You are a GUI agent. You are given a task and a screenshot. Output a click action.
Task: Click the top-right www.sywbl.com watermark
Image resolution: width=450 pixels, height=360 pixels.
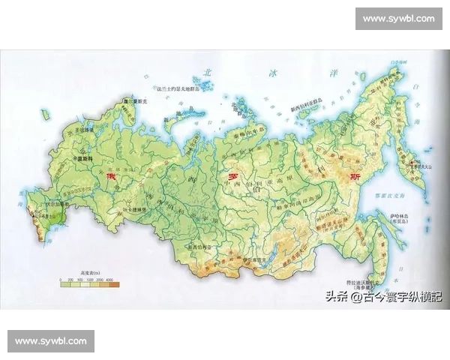point(398,18)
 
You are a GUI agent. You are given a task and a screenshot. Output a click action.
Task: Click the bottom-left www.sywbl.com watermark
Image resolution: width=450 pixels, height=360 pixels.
point(51,341)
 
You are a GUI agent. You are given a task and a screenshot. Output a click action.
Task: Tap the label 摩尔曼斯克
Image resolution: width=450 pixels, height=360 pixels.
point(131,99)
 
